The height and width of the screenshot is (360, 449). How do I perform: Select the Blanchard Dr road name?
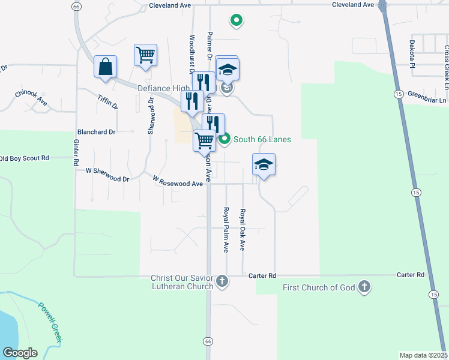pos(96,131)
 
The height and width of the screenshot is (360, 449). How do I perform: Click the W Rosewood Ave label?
pos(178,181)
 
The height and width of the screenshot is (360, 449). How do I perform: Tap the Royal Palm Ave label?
pos(226,230)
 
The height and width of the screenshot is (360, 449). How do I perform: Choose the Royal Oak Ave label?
pos(243,230)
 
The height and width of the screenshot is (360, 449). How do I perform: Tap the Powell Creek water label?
pos(50,322)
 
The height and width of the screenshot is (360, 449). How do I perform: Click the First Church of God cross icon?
pos(364,287)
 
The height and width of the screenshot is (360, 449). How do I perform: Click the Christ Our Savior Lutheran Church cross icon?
pos(223,281)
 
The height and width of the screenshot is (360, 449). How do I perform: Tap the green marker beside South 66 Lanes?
pos(224,140)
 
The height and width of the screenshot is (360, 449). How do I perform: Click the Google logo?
pos(20,353)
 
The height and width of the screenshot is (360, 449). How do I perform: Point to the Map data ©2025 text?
pos(423,355)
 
